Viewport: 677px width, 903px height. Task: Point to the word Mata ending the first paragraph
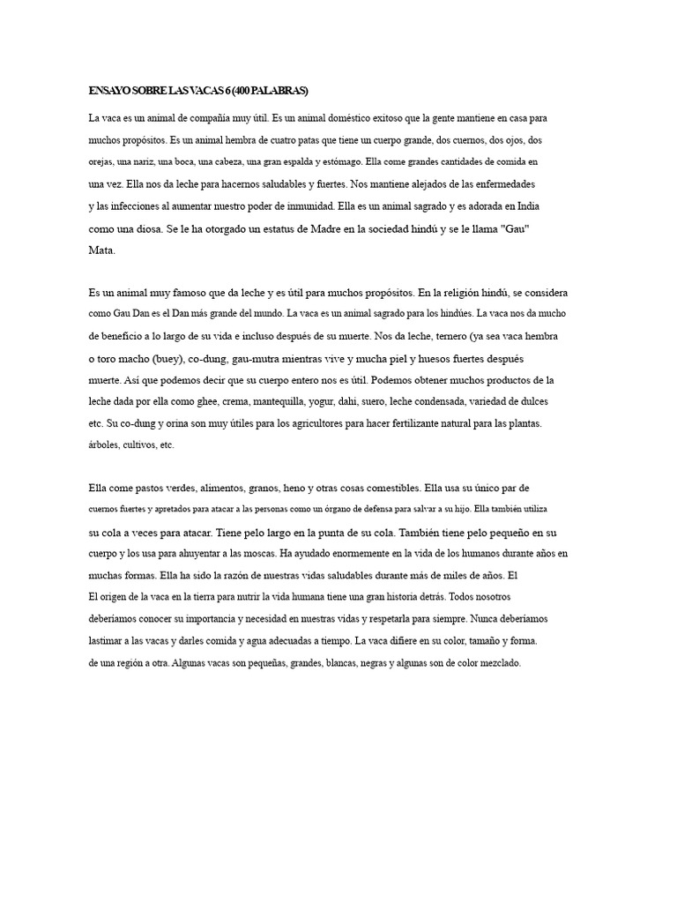point(101,250)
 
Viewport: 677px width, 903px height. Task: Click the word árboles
point(105,445)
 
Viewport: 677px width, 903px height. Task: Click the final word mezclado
point(496,663)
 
